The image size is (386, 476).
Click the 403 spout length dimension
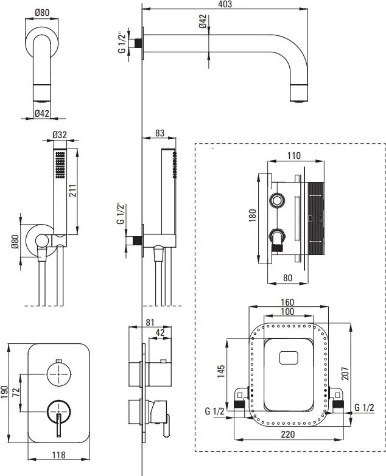coord(225,4)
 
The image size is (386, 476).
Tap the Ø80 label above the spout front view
coord(42,13)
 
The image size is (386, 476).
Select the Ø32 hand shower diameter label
coord(59,135)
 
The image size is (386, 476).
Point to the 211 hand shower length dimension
coord(73,190)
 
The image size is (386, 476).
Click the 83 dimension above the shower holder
coord(159,133)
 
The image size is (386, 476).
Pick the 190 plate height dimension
coord(4,393)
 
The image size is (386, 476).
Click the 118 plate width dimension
coord(58,455)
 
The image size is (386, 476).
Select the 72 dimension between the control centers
coord(16,392)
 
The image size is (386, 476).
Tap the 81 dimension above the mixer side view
coord(150,323)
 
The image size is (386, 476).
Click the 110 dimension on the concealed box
coord(293,156)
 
